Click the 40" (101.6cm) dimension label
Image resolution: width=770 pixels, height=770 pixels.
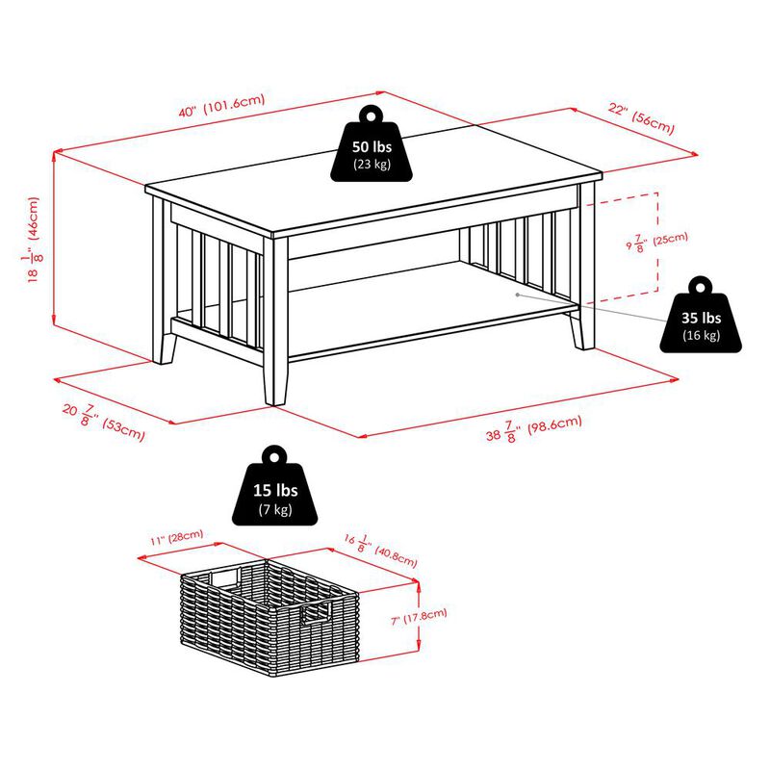click(x=220, y=107)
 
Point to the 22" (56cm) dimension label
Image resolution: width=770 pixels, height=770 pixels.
click(x=641, y=120)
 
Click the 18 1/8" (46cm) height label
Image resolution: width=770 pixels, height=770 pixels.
click(x=35, y=241)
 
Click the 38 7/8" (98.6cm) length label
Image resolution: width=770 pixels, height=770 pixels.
click(x=535, y=431)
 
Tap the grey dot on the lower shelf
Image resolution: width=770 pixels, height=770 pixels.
click(x=518, y=292)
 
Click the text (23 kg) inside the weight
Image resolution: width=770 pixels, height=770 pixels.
click(x=371, y=165)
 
